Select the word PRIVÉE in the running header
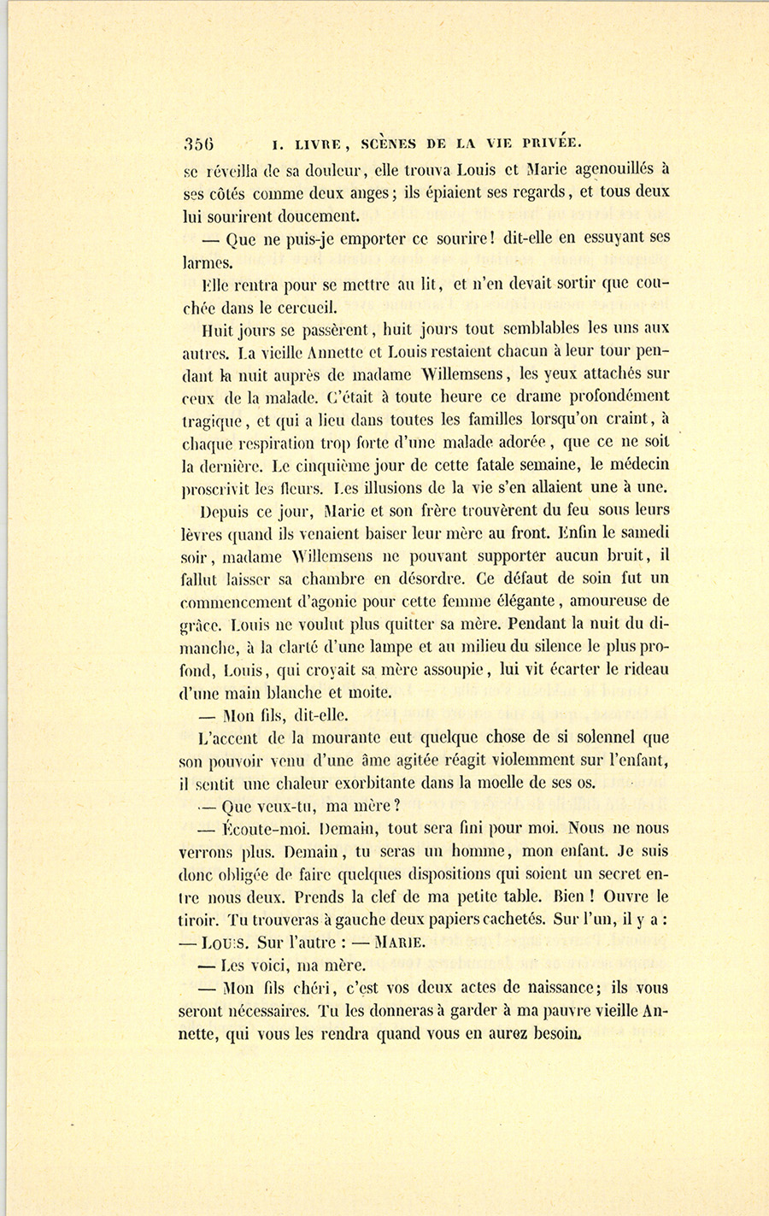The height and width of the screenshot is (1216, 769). pyautogui.click(x=547, y=144)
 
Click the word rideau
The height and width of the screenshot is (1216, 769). pyautogui.click(x=644, y=669)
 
